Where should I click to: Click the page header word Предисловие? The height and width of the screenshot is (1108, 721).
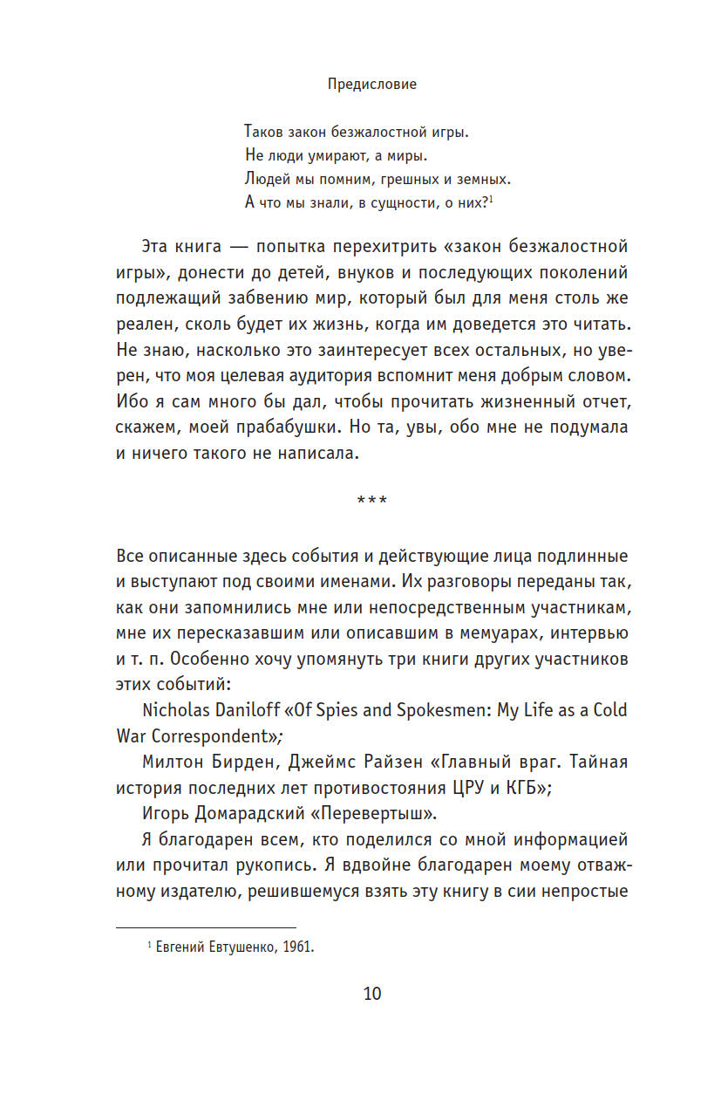tap(372, 85)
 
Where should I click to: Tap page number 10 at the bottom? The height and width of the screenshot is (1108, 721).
tap(372, 994)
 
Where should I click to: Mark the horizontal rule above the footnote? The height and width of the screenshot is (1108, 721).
tap(206, 927)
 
